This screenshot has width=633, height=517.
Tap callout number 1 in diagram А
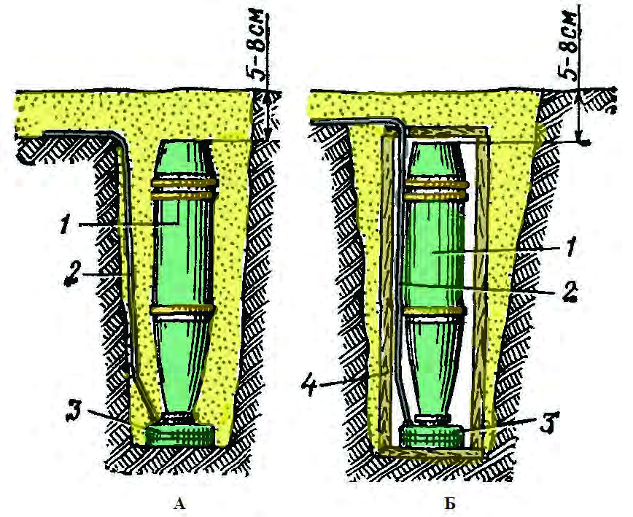tap(64, 224)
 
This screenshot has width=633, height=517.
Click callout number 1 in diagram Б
tap(570, 247)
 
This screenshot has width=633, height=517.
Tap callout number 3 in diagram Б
tap(550, 421)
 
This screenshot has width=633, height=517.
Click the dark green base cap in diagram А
tap(179, 435)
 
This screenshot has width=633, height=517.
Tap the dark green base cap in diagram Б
tap(431, 437)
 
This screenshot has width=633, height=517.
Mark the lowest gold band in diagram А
tap(182, 310)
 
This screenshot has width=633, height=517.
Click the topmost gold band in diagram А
tap(185, 183)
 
